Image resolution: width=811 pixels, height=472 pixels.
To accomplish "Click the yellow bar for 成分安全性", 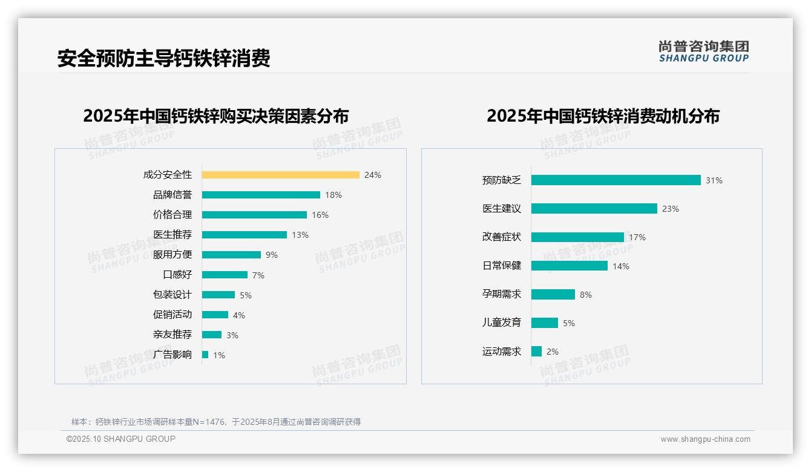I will [x=280, y=175].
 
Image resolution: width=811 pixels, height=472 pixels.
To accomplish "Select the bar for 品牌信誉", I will [x=261, y=195].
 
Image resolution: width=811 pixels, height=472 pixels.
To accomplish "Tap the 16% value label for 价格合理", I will [x=320, y=215].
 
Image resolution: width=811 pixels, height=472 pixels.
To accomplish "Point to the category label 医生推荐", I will [x=172, y=235].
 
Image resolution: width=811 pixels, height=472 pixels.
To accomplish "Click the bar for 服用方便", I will [x=231, y=255].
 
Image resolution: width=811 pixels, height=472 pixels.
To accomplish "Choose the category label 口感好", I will [x=177, y=275].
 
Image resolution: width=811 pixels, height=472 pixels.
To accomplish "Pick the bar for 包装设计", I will [x=218, y=295].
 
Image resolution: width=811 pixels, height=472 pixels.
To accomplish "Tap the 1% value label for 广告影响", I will [x=219, y=355].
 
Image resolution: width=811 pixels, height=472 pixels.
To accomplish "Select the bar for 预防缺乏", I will [x=616, y=180].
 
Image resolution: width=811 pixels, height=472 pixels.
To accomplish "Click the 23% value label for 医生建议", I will [x=671, y=209].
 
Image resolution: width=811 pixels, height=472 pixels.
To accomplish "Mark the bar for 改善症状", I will [x=577, y=237].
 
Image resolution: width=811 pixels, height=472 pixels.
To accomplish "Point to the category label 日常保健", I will [x=501, y=266].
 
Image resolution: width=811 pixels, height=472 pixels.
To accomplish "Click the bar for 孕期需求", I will [x=553, y=294].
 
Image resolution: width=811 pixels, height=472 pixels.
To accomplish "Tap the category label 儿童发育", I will [x=501, y=323].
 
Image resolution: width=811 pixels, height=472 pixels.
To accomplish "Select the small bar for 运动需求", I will [x=536, y=351].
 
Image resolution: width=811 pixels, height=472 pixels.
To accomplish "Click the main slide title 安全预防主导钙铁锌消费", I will [x=163, y=58].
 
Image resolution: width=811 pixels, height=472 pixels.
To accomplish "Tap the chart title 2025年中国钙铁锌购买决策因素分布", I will [x=216, y=116].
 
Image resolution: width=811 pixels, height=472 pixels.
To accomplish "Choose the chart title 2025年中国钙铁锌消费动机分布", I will [x=603, y=116].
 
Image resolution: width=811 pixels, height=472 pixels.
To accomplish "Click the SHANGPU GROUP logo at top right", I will [x=704, y=51].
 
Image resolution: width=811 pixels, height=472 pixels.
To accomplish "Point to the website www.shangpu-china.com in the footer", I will [x=705, y=439].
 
